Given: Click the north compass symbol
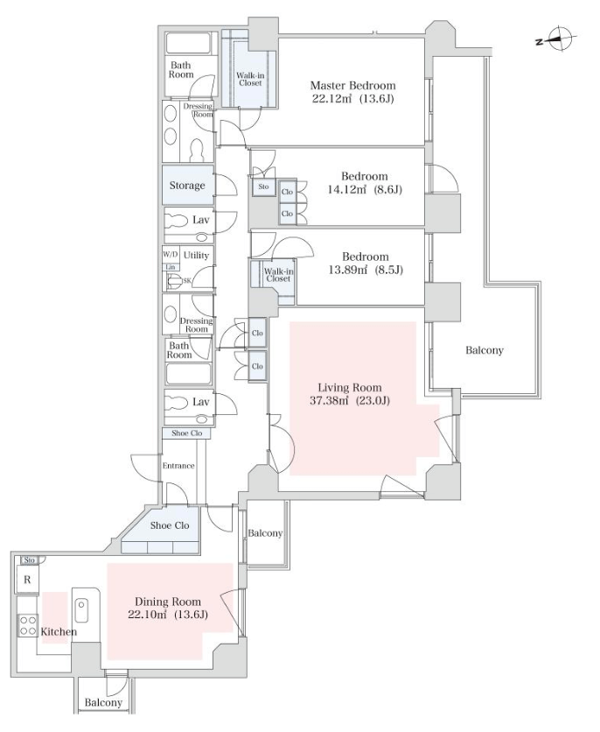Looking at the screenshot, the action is click(x=559, y=39).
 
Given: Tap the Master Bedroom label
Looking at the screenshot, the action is click(x=352, y=86).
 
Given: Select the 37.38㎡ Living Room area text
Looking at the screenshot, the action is click(x=350, y=400).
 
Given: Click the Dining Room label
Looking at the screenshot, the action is click(x=168, y=602).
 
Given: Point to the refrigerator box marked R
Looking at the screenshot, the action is click(x=27, y=580).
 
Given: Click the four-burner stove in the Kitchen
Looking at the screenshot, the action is click(x=28, y=625).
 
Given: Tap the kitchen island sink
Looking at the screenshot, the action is click(x=82, y=610).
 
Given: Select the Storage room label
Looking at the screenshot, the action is click(x=187, y=186).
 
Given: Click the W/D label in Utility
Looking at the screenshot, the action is click(x=171, y=255).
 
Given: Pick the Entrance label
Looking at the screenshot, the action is click(x=178, y=466).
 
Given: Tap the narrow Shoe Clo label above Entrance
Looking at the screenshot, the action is click(x=186, y=433).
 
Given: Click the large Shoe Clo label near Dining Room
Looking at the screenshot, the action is click(x=169, y=525).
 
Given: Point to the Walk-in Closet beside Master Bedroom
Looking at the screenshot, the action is click(x=250, y=79).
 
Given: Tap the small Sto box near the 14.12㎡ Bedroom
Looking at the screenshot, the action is click(x=263, y=187).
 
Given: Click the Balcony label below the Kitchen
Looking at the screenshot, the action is click(x=103, y=702).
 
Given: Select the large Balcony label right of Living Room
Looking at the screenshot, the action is click(x=485, y=350).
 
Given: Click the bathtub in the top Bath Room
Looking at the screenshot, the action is click(x=189, y=43).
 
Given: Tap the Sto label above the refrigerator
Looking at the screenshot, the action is click(x=30, y=560).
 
